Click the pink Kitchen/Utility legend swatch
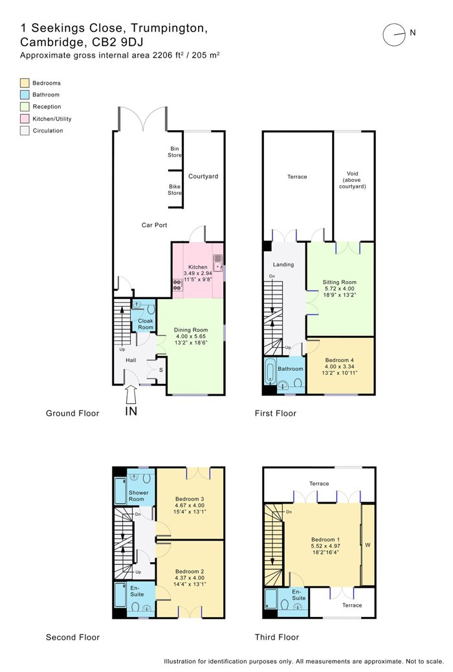pos(25,118)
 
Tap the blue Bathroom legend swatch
pos(25,95)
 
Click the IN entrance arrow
pos(131,394)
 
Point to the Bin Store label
pos(175,152)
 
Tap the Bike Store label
pos(175,190)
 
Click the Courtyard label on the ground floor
pos(203,176)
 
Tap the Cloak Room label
pos(146,324)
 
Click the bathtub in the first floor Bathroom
pos(271,371)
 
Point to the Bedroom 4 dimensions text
pos(340,370)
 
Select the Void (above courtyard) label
pos(352,180)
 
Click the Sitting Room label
pos(340,282)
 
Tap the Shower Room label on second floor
pos(138,496)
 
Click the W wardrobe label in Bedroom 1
pos(368,545)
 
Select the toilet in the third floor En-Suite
pos(283,604)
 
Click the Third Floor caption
pos(277,637)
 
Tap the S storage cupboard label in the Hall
pos(161,370)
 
